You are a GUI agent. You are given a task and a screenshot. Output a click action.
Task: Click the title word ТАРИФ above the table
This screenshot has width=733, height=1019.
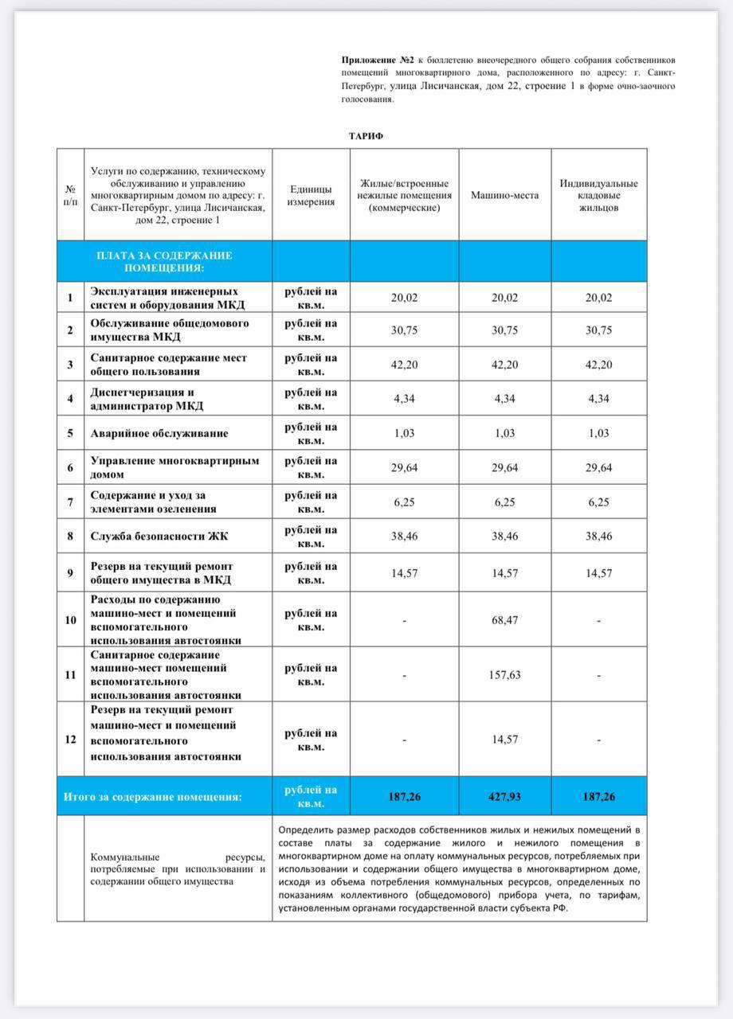[366, 136]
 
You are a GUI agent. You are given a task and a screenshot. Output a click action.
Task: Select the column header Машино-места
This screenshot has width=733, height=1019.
[504, 195]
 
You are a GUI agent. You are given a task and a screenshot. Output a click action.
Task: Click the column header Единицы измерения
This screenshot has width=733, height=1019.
[311, 195]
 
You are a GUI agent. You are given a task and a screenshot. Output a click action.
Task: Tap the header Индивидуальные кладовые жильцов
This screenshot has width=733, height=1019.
[598, 195]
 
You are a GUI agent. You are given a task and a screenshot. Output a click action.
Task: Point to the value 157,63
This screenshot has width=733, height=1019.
[504, 675]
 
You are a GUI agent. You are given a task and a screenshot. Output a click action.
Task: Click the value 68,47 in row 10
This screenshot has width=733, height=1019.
[504, 620]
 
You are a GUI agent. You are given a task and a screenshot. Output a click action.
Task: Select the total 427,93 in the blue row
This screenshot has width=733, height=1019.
[504, 797]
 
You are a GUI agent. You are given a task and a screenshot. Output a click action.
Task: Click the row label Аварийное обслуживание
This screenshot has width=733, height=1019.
[159, 434]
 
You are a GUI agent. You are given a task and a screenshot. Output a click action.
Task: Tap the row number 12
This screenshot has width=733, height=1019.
[70, 740]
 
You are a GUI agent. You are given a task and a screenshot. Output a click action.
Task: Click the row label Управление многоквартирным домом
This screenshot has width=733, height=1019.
[174, 467]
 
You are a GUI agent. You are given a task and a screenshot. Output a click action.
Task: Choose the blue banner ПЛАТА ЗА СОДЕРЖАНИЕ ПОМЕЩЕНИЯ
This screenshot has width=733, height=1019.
[163, 261]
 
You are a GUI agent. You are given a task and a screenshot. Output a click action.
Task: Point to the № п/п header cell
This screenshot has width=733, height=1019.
[70, 195]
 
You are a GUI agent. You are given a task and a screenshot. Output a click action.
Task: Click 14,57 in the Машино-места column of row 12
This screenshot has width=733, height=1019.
[504, 740]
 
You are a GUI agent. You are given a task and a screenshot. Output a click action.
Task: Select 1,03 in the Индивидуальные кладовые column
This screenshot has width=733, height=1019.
[598, 434]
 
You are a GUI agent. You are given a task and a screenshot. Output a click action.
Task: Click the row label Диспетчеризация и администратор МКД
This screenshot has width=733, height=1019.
[147, 399]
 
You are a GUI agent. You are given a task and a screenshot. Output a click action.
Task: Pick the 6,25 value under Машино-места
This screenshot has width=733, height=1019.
[504, 502]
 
